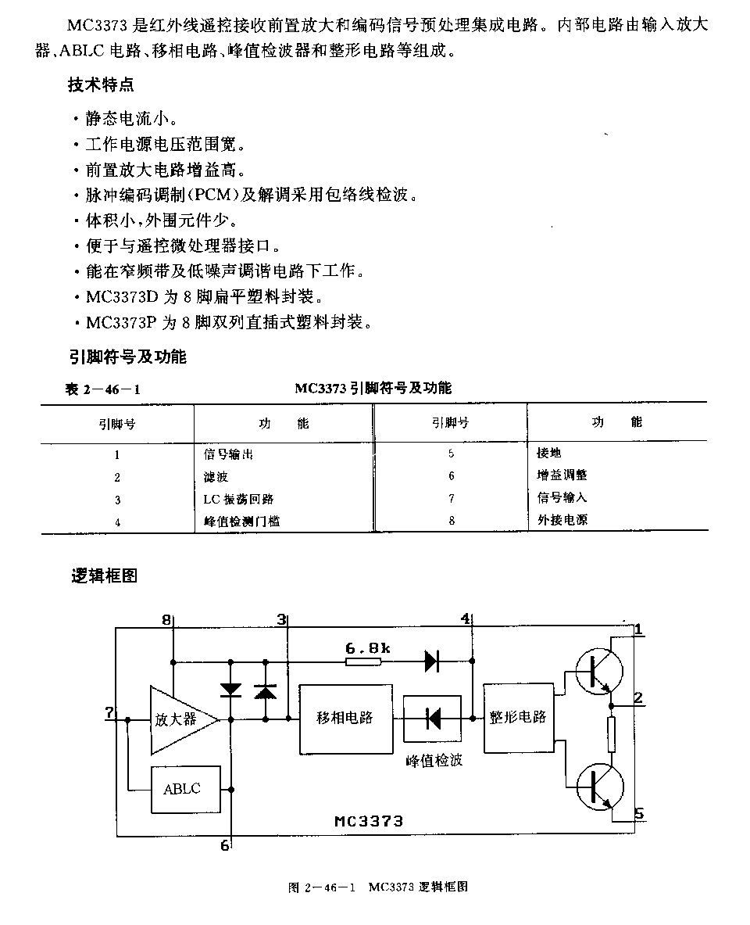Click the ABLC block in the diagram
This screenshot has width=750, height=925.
pos(186,789)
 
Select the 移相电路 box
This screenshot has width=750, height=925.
pos(345,719)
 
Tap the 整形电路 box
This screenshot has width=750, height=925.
pos(518,718)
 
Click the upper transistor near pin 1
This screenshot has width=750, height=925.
pos(599,671)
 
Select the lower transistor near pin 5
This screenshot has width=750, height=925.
pos(599,787)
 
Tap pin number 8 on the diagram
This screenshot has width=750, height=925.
pos(166,619)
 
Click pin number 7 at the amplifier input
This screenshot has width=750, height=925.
pos(109,712)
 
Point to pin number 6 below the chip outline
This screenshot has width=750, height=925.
pos(225,845)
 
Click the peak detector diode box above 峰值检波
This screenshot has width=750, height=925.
pos(432,719)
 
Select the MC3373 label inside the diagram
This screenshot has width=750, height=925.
pos(369,821)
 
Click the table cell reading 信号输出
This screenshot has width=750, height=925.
pos(228,454)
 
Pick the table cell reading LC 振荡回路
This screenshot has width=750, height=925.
pos(238,499)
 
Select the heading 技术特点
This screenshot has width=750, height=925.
pos(101,85)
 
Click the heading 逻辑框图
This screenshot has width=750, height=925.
pos(104,575)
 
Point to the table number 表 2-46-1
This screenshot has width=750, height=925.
pos(102,389)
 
